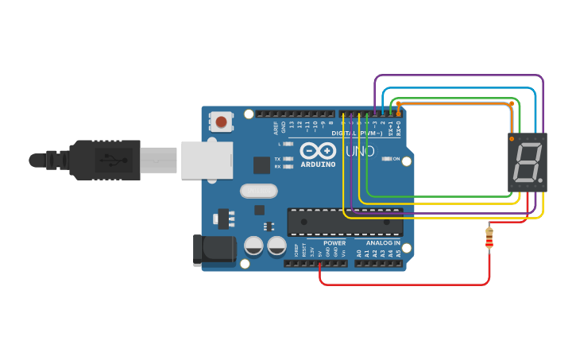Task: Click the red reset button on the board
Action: pos(221,122)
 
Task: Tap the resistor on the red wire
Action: pos(489,237)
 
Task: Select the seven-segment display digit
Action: pos(528,163)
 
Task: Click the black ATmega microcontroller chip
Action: pos(345,222)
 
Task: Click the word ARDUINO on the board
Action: pos(318,165)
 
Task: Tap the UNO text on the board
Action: pos(360,151)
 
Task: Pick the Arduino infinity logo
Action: pos(318,150)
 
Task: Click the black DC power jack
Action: pos(215,250)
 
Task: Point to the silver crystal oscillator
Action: pos(258,191)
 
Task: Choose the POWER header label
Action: pos(334,243)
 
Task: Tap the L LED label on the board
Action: pos(279,144)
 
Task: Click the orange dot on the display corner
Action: pos(512,139)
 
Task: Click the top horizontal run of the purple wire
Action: pos(458,76)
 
